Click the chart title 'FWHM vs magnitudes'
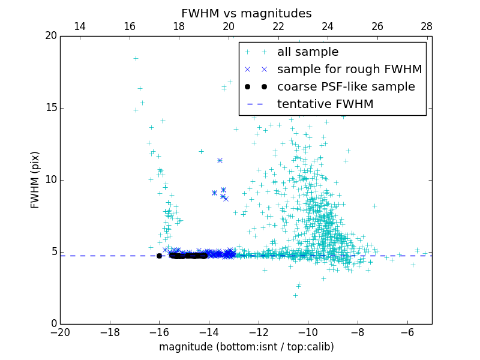tap(246, 13)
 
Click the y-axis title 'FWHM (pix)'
tap(35, 179)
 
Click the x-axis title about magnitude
tap(246, 347)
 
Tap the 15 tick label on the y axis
tap(50, 108)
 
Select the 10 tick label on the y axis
tap(50, 180)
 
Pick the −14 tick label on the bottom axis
tap(209, 332)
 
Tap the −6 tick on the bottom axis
tap(407, 332)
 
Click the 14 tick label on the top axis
tap(79, 26)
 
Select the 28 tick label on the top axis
tap(427, 26)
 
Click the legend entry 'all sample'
tap(308, 52)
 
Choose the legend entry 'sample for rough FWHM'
tap(349, 70)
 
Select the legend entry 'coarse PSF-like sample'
tap(346, 87)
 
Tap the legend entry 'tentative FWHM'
tap(325, 104)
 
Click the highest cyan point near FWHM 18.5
tap(136, 59)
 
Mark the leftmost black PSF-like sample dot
tap(159, 256)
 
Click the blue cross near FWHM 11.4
tap(220, 160)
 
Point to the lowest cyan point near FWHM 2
tap(295, 295)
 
